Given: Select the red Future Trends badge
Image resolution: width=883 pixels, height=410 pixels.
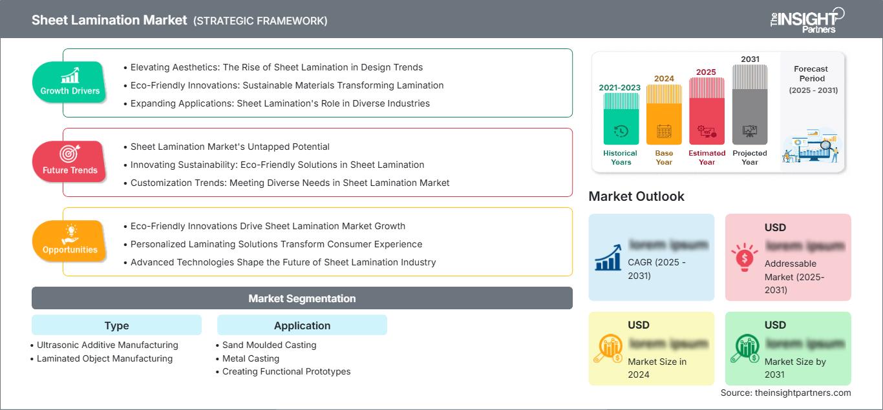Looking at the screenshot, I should coord(69,162).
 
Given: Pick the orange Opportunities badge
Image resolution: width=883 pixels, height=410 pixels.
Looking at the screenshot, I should coord(70,241).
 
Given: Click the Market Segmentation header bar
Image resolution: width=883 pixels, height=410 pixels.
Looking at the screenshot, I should coord(302,298).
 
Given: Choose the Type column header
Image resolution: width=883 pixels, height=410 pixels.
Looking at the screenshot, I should coord(116,325).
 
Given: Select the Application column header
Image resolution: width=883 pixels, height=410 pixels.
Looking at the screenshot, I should coord(302,325).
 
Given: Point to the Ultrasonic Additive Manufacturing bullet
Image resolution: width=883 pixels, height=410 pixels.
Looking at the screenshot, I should coord(107,345).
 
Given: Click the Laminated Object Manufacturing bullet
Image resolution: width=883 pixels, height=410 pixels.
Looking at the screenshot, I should coord(105,358).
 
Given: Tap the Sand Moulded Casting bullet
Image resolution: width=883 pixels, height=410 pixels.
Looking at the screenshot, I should coord(269,345).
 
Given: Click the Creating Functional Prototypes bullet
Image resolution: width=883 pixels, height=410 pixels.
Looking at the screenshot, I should coord(286,371).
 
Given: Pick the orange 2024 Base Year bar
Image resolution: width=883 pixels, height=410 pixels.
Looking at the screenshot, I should coord(664,114).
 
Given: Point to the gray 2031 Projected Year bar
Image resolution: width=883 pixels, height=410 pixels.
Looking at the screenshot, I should coord(750,105).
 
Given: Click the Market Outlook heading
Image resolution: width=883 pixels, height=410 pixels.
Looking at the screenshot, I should coord(636,196).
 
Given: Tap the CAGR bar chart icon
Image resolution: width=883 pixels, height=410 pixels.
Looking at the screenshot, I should coord(608,257).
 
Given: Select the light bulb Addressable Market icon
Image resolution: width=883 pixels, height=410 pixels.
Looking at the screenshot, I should coord(744,257).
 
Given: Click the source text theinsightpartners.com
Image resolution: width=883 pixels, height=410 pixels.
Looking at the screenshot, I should coord(786,393).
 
